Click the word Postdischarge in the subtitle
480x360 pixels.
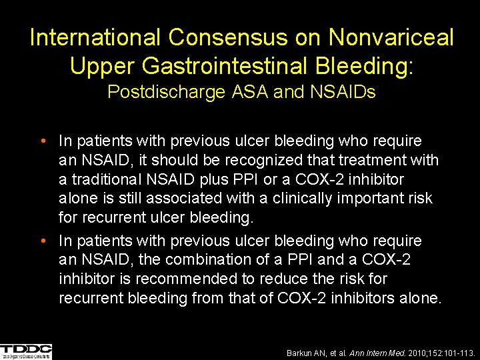(167, 92)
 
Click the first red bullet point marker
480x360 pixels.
(42, 141)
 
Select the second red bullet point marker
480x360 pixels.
(42, 241)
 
